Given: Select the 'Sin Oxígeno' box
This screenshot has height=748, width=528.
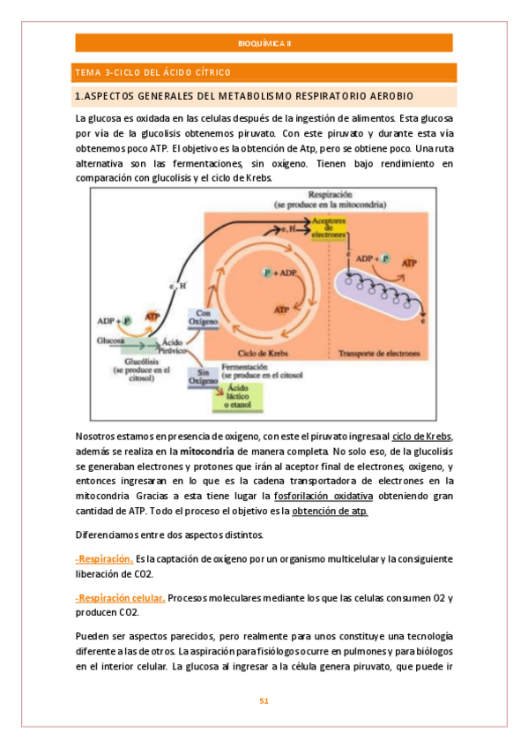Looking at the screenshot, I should (203, 378).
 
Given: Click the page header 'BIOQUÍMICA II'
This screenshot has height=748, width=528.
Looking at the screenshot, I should (264, 43).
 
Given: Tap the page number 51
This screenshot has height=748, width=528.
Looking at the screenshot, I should (264, 701).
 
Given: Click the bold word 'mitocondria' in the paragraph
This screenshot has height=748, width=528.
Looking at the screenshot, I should (208, 451).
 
